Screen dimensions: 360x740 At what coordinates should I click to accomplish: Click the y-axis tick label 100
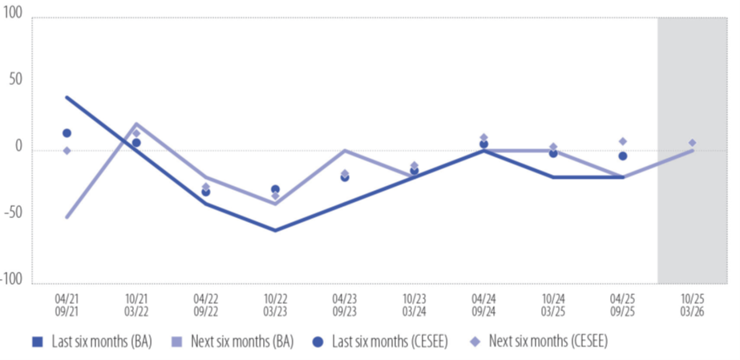14,17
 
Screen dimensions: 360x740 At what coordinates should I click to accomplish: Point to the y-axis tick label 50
17,80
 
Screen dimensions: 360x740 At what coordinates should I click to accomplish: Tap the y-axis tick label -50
14,212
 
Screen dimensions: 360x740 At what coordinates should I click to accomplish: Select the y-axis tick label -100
12,278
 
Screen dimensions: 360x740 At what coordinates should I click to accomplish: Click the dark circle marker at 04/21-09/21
67,133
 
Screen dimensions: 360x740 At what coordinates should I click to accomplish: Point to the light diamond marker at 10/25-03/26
692,143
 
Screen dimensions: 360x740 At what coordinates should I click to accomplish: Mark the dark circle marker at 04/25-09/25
623,156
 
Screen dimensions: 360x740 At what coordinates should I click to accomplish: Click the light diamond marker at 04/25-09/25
623,141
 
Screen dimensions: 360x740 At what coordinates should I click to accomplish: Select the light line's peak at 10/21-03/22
136,124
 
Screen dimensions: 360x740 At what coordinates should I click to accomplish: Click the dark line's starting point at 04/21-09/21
67,97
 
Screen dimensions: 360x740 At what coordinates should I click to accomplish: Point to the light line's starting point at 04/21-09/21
67,216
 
